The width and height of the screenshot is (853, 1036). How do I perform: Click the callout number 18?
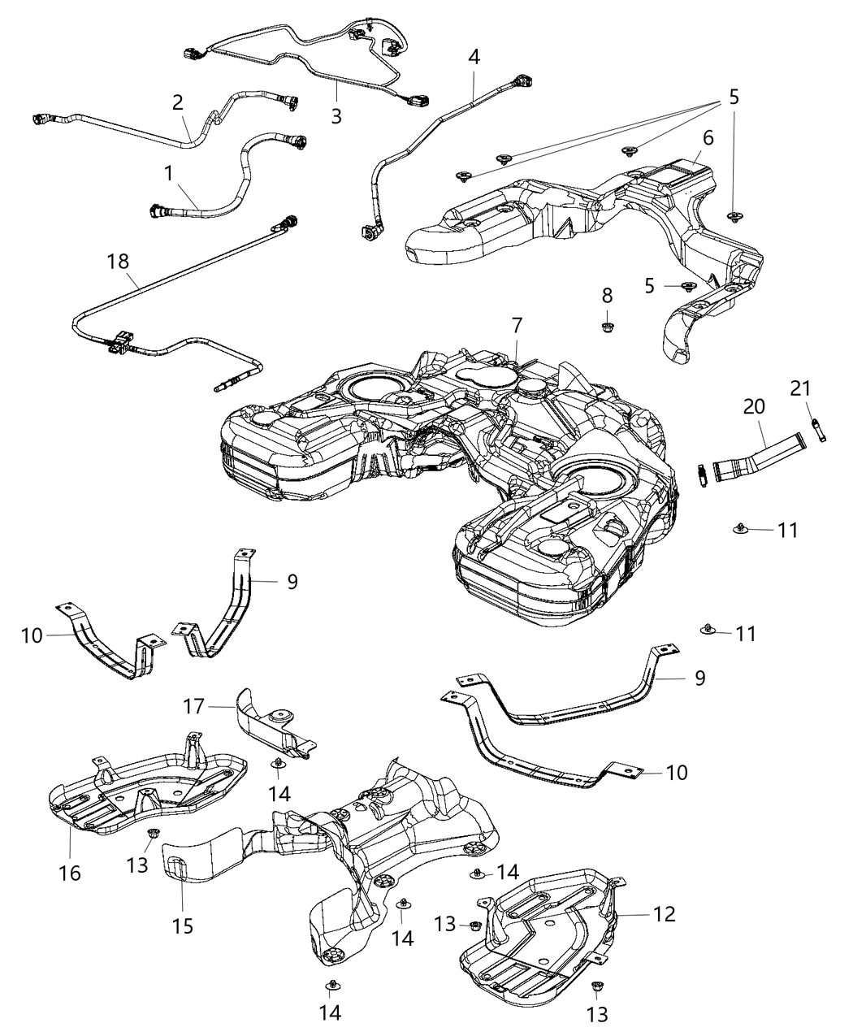tap(118, 262)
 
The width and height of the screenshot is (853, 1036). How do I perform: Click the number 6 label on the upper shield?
tap(708, 137)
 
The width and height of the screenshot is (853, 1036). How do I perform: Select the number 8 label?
tap(608, 296)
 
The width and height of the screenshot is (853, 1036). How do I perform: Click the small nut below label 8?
tap(608, 327)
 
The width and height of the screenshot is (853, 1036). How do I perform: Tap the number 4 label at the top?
tap(474, 58)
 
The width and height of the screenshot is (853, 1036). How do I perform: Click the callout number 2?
tap(177, 102)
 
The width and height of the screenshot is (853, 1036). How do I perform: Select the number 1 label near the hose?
tap(169, 173)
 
